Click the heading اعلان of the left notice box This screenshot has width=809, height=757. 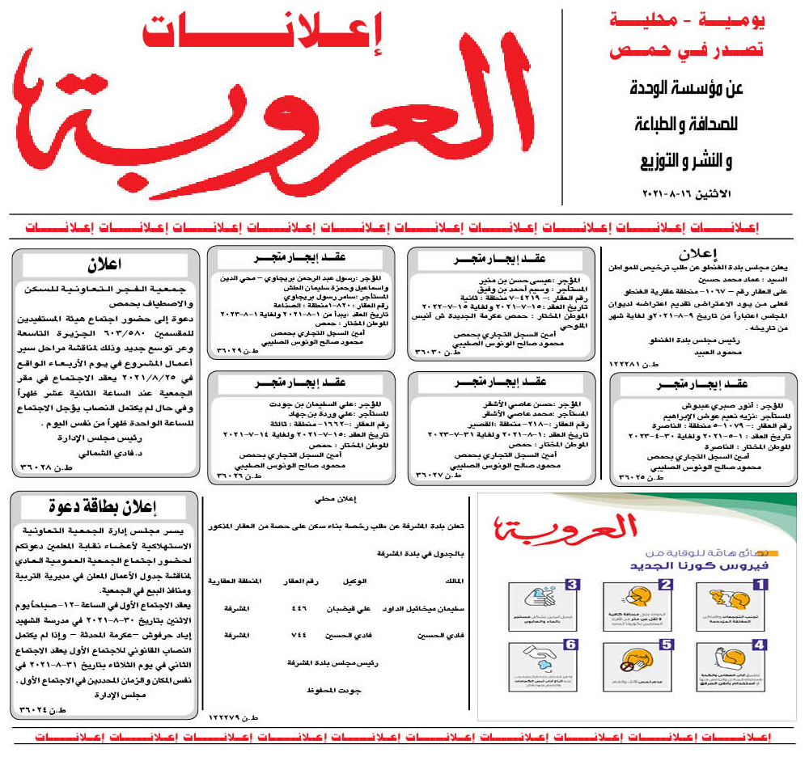pyautogui.click(x=105, y=264)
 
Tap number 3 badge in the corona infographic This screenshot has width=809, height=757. pyautogui.click(x=572, y=583)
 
